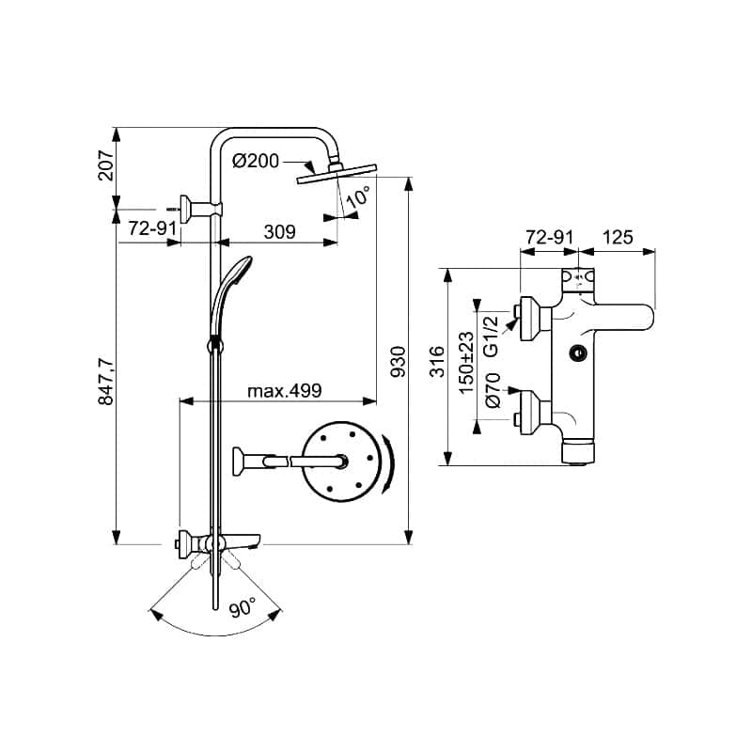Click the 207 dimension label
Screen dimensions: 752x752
click(x=105, y=165)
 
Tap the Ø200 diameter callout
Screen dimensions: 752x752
click(x=256, y=161)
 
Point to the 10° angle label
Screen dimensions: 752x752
click(x=359, y=196)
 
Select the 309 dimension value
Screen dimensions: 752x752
click(x=279, y=232)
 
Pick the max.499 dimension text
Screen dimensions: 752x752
click(x=285, y=391)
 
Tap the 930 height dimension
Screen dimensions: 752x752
click(x=398, y=361)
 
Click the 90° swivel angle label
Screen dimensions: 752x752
click(x=243, y=608)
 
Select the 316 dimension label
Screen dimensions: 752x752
click(x=436, y=361)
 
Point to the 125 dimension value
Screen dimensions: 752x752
click(x=618, y=237)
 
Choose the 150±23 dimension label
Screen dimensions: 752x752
click(x=465, y=363)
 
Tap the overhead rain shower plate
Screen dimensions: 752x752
click(x=337, y=173)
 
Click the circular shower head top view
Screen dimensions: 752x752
click(x=342, y=462)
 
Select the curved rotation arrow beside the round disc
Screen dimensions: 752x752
click(x=387, y=463)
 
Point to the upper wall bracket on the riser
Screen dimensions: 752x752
click(x=201, y=209)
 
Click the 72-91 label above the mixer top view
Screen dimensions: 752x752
click(x=550, y=237)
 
